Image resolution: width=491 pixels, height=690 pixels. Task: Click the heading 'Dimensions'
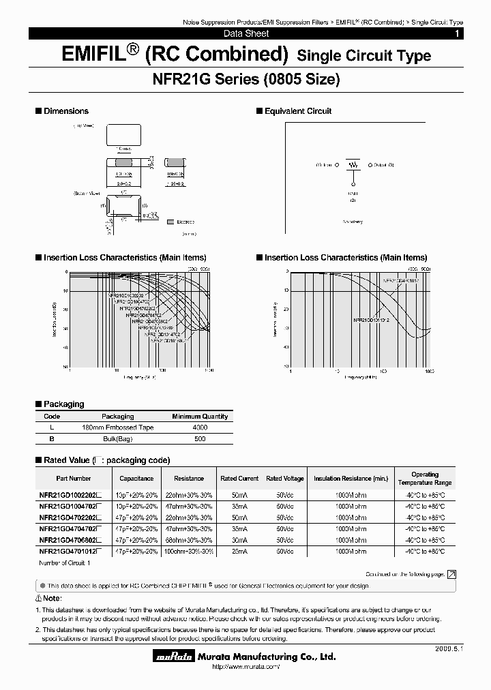click(65, 110)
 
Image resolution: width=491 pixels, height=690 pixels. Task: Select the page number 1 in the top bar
click(457, 33)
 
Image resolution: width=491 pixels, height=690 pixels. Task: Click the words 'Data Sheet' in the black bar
click(246, 33)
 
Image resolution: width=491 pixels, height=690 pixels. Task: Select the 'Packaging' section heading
click(63, 404)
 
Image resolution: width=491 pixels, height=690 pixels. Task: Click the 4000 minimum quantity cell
click(200, 427)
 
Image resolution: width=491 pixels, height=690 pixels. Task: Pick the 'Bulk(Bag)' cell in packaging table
click(118, 438)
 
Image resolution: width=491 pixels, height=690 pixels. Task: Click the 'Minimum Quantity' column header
click(200, 416)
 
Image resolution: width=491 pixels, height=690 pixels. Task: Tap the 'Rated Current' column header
click(239, 479)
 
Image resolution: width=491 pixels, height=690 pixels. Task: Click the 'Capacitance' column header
click(136, 479)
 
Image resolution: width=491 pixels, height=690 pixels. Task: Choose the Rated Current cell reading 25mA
click(239, 551)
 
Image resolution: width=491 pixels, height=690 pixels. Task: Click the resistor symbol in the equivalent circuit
click(353, 165)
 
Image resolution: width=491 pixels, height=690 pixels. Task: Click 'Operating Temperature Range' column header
click(425, 479)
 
